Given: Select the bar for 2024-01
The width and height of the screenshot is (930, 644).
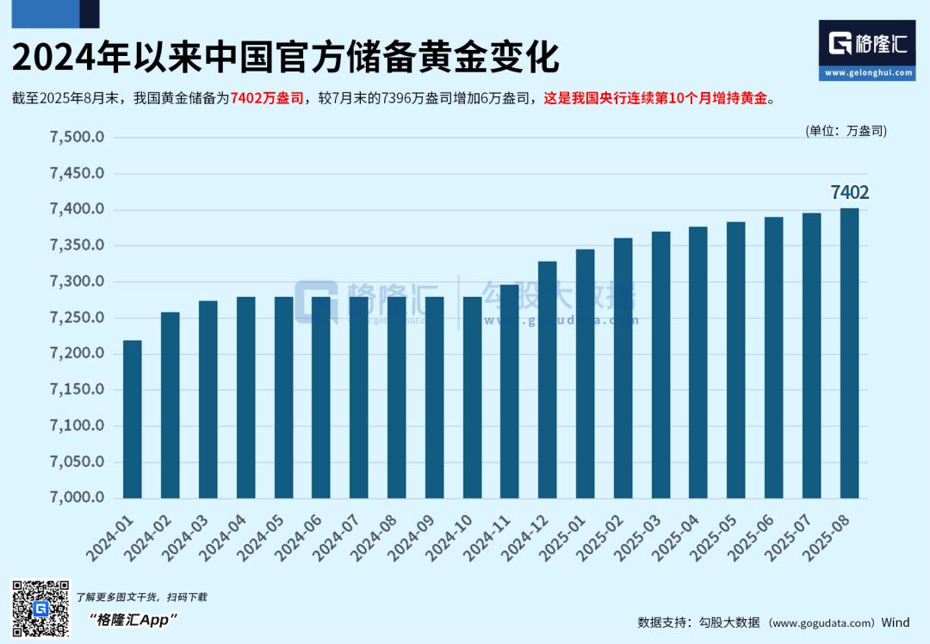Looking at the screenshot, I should (132, 419).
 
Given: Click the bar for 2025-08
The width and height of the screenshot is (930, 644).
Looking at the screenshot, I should (849, 353).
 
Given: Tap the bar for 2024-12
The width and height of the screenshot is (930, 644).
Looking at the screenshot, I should (548, 380).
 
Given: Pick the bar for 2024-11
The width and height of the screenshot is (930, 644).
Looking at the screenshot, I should (510, 392).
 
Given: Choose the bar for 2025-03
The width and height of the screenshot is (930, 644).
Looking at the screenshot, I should (660, 365).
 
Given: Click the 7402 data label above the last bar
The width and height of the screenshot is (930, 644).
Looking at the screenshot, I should (849, 193).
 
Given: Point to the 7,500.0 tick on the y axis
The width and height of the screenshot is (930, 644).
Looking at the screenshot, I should (77, 138).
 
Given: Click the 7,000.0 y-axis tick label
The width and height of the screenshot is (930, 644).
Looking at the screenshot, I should (77, 498).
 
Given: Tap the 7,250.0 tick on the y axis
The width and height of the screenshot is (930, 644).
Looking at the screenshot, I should (77, 318).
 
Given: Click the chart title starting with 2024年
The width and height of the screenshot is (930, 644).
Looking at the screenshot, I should (285, 58).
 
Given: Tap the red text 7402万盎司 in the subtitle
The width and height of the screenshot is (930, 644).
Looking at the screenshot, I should (266, 99).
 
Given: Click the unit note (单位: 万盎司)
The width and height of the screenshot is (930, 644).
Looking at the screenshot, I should (846, 131).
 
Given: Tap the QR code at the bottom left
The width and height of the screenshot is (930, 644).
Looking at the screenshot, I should (40, 610).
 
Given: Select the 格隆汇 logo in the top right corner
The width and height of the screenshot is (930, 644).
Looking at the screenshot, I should (866, 49).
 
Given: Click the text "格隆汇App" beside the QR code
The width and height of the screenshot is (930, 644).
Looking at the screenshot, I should (133, 620).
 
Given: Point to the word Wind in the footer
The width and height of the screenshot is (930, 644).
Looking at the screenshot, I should (895, 622).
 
